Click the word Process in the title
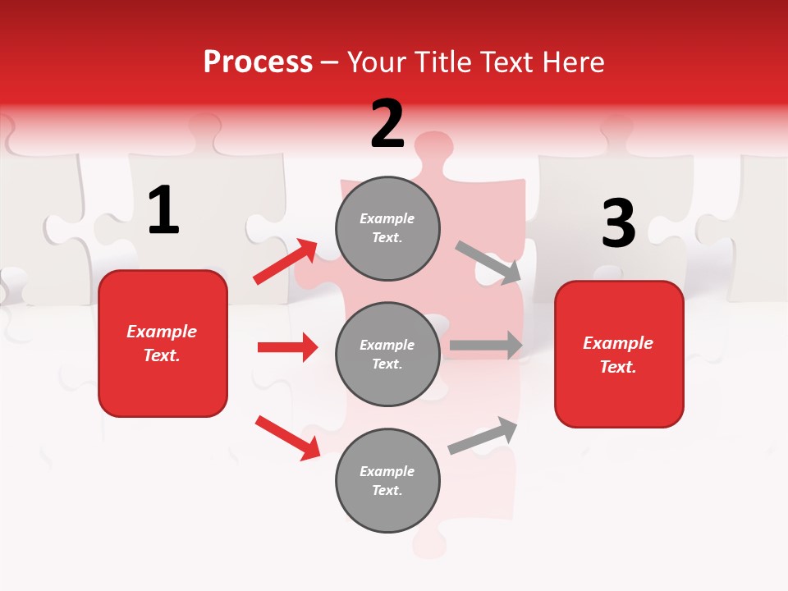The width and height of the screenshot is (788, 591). click(x=258, y=62)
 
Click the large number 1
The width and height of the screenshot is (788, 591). click(x=163, y=211)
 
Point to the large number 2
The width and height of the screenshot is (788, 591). click(x=387, y=124)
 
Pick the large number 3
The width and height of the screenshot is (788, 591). click(x=618, y=224)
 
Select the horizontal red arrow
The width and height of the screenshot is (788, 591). click(x=287, y=347)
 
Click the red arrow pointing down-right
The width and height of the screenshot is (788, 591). click(x=287, y=437)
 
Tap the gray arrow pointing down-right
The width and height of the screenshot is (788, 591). click(x=488, y=263)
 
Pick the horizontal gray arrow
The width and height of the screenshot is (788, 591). click(x=486, y=345)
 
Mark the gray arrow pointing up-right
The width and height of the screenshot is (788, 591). click(x=483, y=435)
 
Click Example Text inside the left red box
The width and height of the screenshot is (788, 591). click(x=162, y=343)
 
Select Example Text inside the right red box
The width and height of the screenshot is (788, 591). click(x=618, y=355)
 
